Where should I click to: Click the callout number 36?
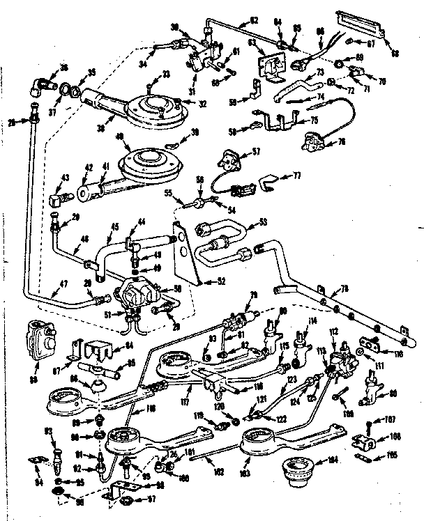(64, 68)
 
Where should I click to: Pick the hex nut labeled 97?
(126, 500)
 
